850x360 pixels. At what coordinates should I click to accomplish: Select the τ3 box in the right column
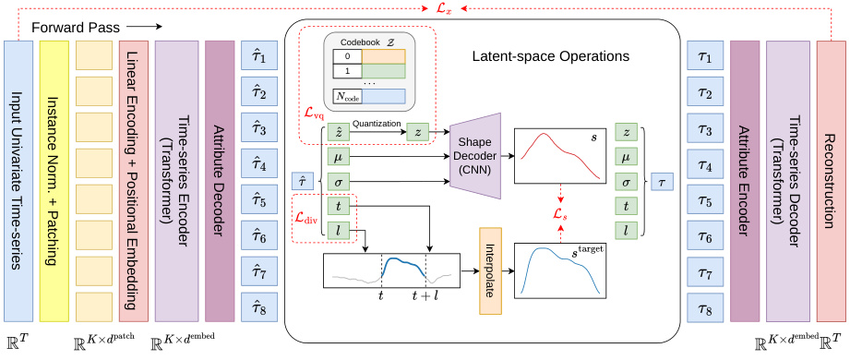(705, 129)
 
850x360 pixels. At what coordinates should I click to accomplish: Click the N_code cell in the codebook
(346, 95)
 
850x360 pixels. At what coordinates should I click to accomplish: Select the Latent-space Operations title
(550, 56)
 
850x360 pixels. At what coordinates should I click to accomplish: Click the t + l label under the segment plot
(425, 297)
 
